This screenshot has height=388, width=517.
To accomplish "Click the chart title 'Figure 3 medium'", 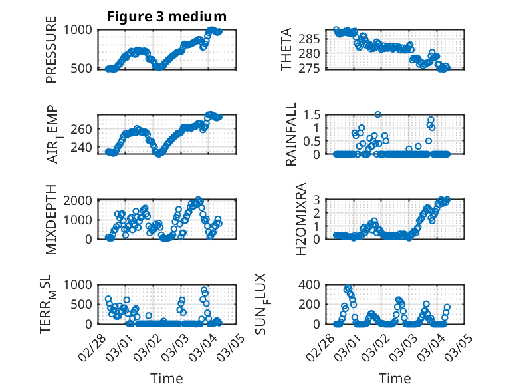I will pyautogui.click(x=167, y=16).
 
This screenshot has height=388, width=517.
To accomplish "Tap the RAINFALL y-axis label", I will pyautogui.click(x=291, y=134).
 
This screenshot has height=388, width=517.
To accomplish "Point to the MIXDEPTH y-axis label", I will pyautogui.click(x=52, y=219).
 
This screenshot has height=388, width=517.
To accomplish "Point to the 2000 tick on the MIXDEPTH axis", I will pyautogui.click(x=79, y=200).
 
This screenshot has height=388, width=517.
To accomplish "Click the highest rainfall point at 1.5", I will pyautogui.click(x=377, y=114).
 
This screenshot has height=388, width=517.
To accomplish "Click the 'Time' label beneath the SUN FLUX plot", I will pyautogui.click(x=395, y=378).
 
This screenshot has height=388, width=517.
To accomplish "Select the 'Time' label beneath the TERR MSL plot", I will pyautogui.click(x=167, y=378).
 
